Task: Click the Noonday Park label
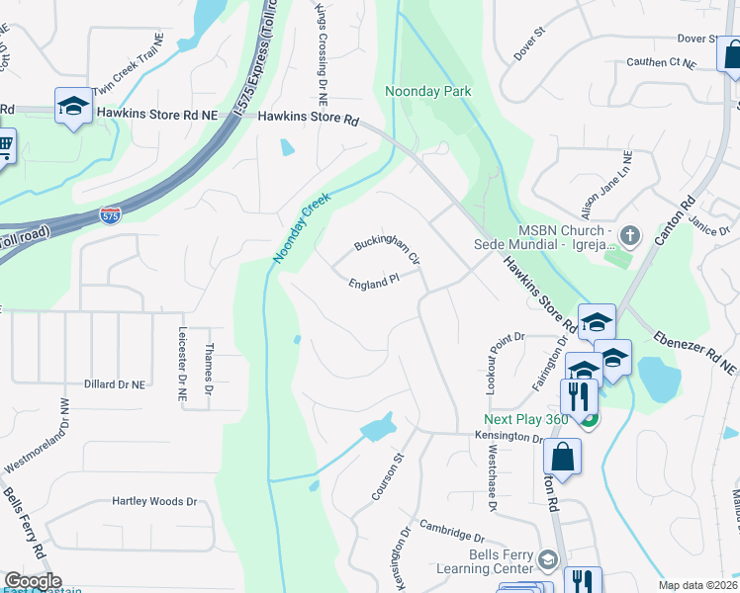click(x=427, y=92)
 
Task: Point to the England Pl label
click(x=373, y=283)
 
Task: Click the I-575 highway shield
click(x=112, y=214)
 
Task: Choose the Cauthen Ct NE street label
click(x=661, y=62)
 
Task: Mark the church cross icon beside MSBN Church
click(x=631, y=236)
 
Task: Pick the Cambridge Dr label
click(x=451, y=531)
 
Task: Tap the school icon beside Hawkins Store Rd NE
click(x=73, y=107)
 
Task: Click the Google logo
click(x=33, y=581)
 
